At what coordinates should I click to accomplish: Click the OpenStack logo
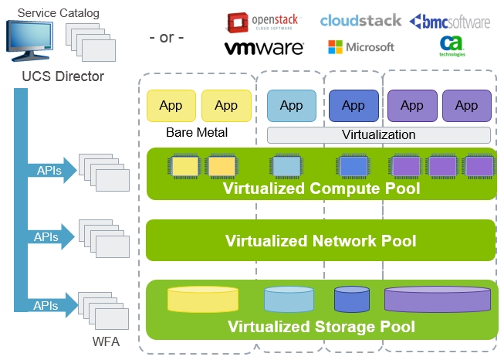pos(262,20)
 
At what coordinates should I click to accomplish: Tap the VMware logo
pos(264,48)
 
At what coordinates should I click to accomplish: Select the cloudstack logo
pos(361,20)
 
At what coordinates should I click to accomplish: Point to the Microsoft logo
pos(361,47)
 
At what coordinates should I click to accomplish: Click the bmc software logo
pos(449,21)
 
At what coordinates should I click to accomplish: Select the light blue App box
pos(291,106)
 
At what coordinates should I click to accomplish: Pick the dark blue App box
pos(353,106)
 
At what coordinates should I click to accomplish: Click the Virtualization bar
pos(378,134)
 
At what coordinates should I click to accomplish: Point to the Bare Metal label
pos(197,132)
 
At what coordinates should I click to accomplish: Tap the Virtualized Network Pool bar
pos(320,240)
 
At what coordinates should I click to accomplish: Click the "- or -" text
pos(166,37)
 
